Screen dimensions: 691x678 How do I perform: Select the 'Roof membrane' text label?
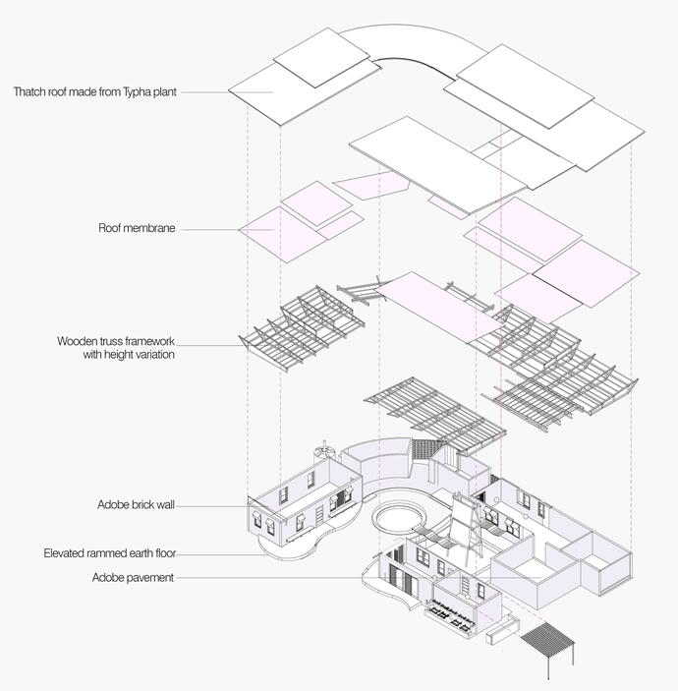(137, 228)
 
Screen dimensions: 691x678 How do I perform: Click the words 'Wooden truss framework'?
(116, 341)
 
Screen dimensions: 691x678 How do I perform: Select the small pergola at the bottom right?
(550, 643)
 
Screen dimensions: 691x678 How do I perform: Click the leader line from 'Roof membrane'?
(208, 230)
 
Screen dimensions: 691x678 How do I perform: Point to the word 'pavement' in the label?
(149, 577)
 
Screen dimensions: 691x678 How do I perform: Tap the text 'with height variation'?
(129, 354)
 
